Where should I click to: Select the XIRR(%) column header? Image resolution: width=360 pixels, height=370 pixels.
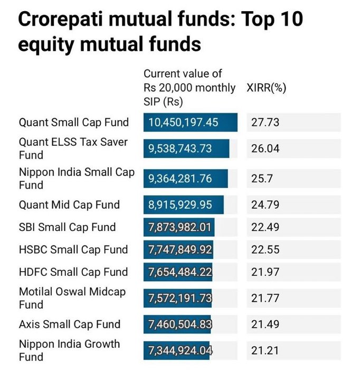266,88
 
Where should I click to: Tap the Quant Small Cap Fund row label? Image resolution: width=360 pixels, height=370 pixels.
74,123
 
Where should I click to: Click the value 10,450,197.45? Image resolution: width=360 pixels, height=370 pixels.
183,123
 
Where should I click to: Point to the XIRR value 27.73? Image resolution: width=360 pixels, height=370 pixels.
265,123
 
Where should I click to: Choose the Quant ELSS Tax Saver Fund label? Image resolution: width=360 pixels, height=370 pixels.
73,149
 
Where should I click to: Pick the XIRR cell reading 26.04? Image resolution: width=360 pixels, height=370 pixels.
265,149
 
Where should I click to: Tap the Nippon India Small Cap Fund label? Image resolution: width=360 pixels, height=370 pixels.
77,179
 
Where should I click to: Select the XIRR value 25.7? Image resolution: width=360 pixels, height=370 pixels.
262,179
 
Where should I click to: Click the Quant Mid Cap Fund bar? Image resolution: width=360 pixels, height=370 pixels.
183,205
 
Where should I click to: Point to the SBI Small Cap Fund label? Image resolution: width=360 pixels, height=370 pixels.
67,227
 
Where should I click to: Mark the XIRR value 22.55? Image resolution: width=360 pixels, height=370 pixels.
265,249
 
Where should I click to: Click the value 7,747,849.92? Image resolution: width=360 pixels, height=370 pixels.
180,249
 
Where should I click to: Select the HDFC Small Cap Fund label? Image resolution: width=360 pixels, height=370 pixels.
73,272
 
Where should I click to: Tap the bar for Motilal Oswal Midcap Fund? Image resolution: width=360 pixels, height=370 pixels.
177,298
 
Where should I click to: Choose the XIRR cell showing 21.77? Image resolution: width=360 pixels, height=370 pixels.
265,298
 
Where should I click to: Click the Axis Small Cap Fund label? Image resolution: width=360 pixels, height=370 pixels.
70,324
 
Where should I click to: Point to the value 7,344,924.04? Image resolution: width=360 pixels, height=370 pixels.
180,350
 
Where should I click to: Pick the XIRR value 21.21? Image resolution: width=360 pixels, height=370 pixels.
265,350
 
